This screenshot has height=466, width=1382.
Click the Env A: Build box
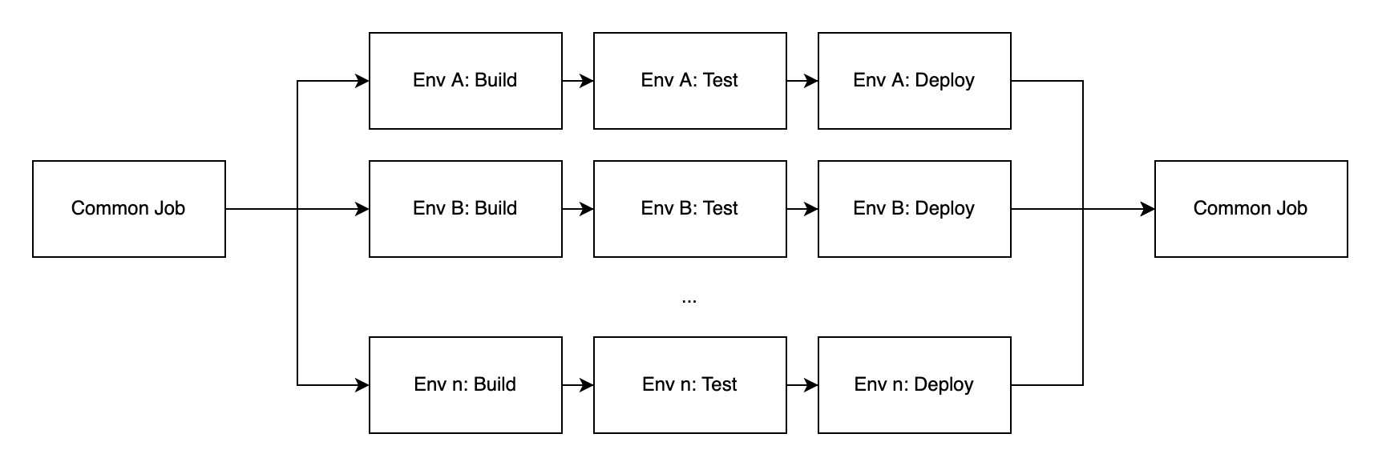[x=465, y=80]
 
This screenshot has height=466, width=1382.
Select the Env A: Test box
[x=689, y=80]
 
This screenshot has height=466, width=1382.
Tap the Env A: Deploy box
[x=914, y=80]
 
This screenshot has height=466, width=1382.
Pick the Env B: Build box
[x=465, y=208]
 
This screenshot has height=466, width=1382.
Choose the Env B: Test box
[x=689, y=208]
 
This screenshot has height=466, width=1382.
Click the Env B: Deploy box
[x=914, y=208]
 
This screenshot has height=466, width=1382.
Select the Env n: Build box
[x=465, y=384]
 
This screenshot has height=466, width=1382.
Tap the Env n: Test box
[x=689, y=384]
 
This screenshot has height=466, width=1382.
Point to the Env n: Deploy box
[x=914, y=384]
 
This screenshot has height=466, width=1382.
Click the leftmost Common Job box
[x=128, y=208]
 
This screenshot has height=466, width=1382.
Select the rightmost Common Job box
[x=1251, y=208]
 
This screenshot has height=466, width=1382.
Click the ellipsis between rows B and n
[x=689, y=300]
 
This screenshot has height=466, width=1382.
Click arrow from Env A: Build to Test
[x=577, y=81]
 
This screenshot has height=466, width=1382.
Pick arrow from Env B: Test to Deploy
[x=802, y=209]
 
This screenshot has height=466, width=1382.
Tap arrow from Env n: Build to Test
[x=577, y=385]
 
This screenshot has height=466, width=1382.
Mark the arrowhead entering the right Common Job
[x=1148, y=209]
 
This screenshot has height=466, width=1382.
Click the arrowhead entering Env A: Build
[x=362, y=81]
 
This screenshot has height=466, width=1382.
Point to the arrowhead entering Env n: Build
[x=362, y=385]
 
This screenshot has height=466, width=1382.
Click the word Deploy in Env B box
[x=944, y=209]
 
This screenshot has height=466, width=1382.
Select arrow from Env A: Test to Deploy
[x=802, y=81]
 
